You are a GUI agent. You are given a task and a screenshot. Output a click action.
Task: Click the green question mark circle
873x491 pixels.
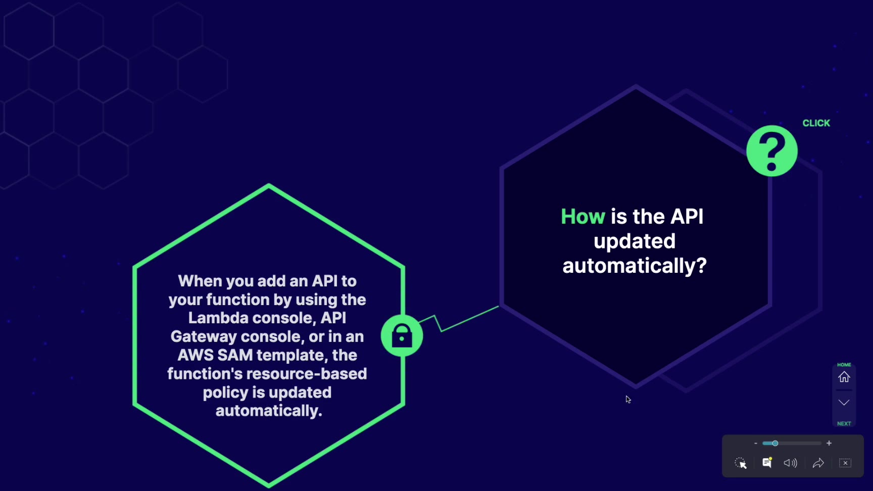point(772,151)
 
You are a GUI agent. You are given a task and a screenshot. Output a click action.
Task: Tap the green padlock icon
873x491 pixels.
point(402,335)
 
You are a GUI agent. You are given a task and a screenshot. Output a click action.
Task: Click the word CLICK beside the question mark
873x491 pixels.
point(816,123)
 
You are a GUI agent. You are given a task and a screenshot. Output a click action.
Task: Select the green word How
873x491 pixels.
point(583,217)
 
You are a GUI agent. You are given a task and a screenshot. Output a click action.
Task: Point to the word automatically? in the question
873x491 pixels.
point(635,266)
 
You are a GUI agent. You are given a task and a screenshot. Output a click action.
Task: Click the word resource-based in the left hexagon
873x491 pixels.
point(318,374)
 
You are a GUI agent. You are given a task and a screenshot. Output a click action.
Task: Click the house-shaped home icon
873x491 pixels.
point(844,377)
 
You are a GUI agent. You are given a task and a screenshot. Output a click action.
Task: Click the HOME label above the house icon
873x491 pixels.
point(844,365)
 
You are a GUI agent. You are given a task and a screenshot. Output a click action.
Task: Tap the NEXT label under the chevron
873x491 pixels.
point(844,424)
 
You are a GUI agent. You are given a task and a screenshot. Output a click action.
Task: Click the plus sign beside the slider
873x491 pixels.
point(829,443)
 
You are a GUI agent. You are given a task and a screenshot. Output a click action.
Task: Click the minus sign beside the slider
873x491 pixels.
point(756,444)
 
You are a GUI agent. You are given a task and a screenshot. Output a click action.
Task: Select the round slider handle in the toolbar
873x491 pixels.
point(775,443)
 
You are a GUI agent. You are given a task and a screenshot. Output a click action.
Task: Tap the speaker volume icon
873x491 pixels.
point(791,463)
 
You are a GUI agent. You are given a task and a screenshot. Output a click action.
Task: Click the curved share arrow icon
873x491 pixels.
point(818,463)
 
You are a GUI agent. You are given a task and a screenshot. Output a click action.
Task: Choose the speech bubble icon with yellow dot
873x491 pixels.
point(767,463)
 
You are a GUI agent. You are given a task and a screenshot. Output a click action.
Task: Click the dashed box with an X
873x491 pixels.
point(845,463)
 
